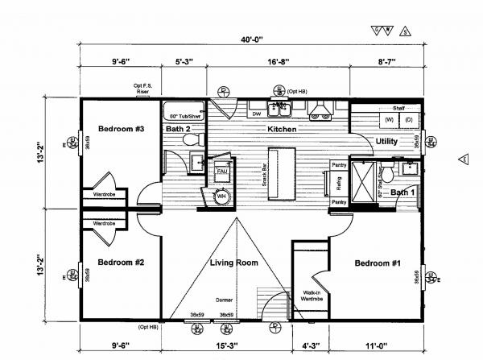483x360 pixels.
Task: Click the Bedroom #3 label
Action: pos(120,129)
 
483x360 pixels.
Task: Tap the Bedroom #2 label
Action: pos(120,263)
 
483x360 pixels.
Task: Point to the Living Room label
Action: pos(233,263)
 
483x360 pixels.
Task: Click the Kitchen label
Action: pos(283,129)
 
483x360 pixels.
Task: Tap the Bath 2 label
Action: pos(178,129)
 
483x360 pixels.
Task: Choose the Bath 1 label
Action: pos(402,192)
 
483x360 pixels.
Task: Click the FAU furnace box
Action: pos(222,171)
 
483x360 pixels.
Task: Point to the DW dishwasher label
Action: pos(257,114)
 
